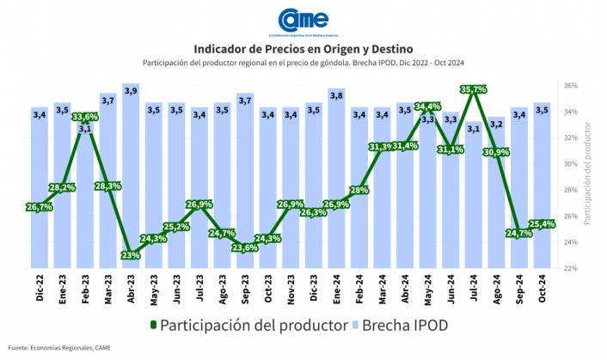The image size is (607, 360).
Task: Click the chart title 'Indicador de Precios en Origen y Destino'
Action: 303,48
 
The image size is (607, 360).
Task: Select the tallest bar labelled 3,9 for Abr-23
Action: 131,172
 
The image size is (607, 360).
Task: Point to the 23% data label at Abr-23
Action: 131,255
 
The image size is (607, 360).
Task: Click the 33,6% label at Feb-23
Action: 85,117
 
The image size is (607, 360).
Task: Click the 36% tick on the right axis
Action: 571,86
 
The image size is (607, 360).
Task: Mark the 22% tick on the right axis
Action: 571,268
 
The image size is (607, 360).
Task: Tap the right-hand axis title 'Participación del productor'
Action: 589,173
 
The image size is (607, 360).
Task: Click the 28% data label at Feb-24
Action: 359,190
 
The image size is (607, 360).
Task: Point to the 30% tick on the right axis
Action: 571,164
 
